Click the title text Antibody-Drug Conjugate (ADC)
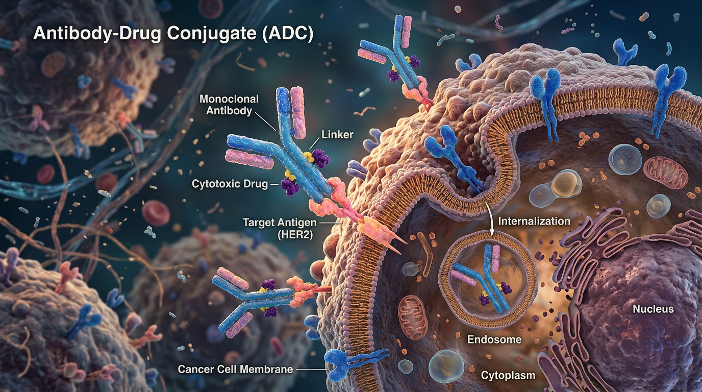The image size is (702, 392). point(173,33)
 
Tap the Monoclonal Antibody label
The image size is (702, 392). point(229,105)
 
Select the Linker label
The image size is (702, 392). point(337,135)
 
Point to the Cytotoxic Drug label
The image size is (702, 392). point(230,184)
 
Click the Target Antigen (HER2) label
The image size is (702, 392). point(280,229)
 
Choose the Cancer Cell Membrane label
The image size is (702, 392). point(235,369)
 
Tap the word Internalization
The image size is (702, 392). point(534,221)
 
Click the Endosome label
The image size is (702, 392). point(494,339)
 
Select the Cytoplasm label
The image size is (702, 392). point(508,375)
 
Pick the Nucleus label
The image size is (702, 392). point(653,309)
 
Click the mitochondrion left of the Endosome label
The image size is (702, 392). point(413,317)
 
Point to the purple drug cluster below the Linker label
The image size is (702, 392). point(320,158)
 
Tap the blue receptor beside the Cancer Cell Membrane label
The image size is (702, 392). point(351,364)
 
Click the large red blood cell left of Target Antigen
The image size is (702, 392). point(156,213)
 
